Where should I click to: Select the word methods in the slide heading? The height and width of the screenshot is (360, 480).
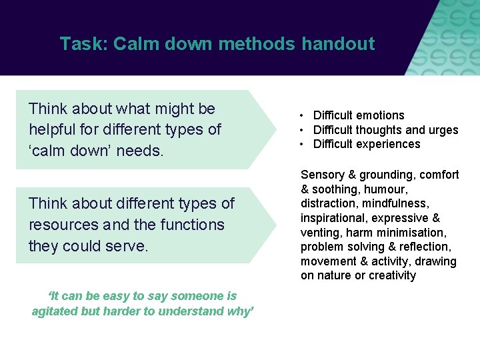click(x=256, y=44)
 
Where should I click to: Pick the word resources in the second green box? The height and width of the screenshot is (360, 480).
click(x=62, y=225)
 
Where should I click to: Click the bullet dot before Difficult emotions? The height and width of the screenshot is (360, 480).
click(x=303, y=116)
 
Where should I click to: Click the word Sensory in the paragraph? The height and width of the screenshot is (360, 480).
click(x=322, y=175)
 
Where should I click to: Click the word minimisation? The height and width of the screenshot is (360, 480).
click(x=413, y=233)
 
